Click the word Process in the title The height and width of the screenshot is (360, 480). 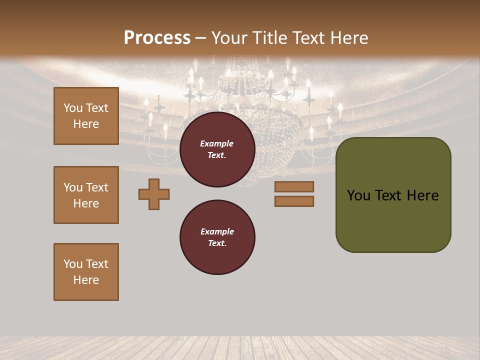pos(157,38)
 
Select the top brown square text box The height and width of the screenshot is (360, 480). pos(86,116)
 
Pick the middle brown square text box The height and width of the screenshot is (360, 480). pos(86,195)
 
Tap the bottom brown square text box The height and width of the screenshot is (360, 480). pos(86,272)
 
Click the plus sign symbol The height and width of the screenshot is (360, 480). pos(154,194)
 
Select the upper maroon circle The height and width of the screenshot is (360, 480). pos(217,149)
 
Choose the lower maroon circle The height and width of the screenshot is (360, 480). pos(217,237)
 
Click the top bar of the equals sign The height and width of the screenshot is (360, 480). pos(294,187)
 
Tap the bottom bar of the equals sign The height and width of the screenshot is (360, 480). pos(294,201)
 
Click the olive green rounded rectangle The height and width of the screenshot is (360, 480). pos(393,220)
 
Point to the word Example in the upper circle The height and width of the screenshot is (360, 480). pos(217,143)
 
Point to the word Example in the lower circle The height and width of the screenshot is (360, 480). pos(217,231)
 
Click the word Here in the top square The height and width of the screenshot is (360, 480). pos(86,124)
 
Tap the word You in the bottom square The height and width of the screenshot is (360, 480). pos(73,264)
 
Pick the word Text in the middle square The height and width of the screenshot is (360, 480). pos(97,187)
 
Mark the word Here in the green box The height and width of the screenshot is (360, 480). pos(422,195)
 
